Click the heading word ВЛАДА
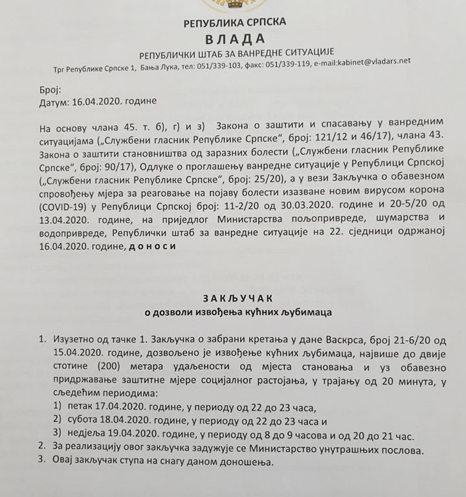(x=235, y=36)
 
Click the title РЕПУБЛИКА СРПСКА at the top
(x=235, y=22)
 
